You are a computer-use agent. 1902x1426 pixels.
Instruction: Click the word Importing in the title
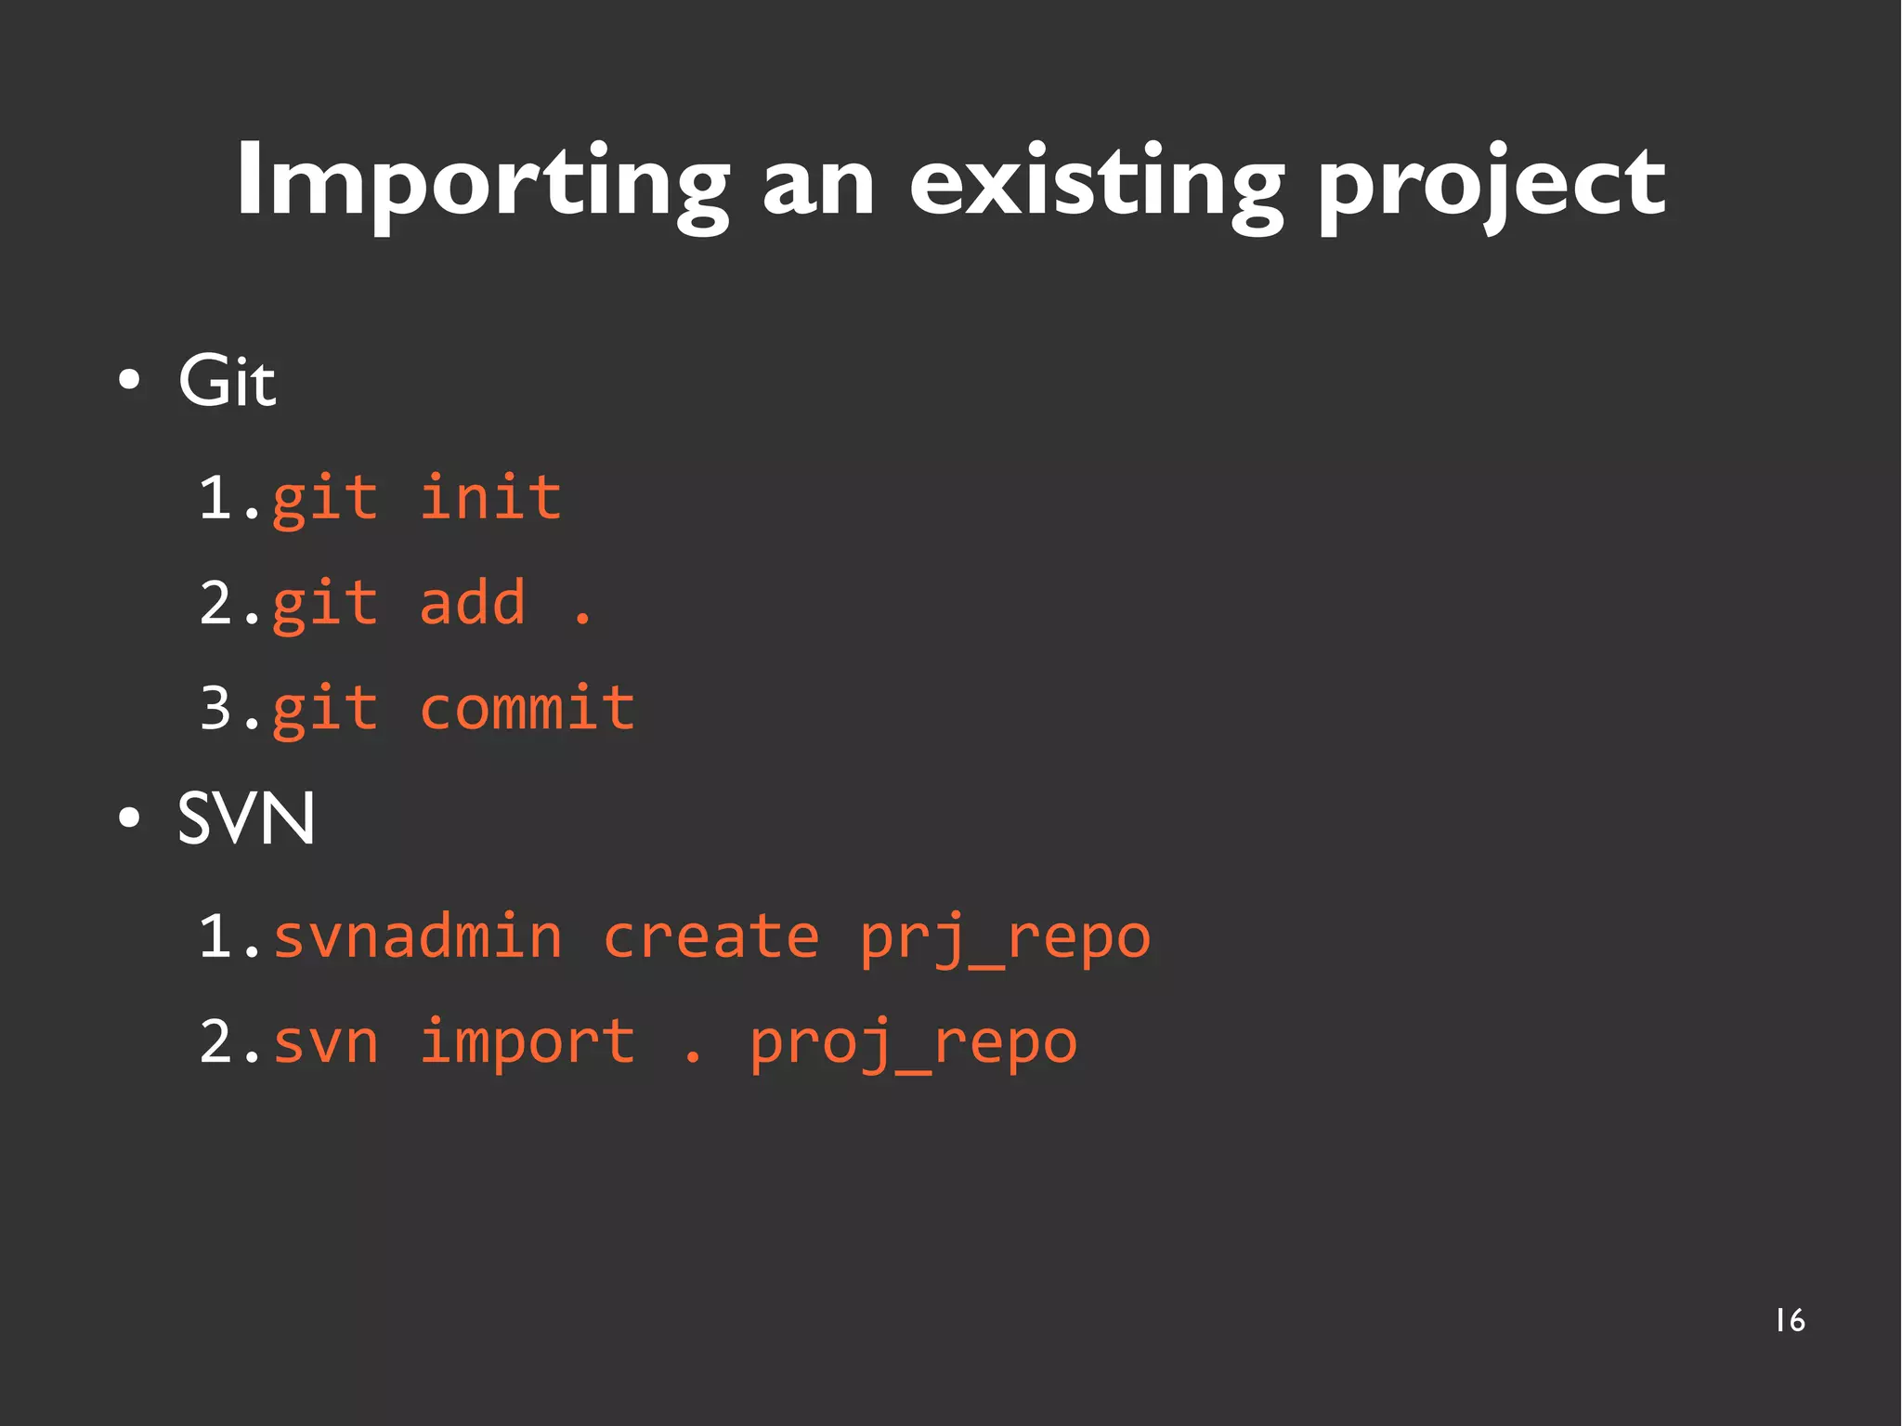(x=483, y=181)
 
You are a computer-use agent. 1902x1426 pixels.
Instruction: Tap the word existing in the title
(x=1096, y=181)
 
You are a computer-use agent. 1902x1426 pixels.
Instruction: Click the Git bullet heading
(x=227, y=381)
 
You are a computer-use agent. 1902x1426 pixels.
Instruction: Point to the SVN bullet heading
(x=246, y=819)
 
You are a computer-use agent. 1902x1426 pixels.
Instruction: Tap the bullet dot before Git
(x=130, y=381)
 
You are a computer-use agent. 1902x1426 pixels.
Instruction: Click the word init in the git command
(x=490, y=498)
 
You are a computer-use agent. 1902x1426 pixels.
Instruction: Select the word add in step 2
(x=473, y=603)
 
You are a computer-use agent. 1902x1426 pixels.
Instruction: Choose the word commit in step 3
(x=527, y=708)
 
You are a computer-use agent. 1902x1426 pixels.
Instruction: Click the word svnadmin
(x=418, y=936)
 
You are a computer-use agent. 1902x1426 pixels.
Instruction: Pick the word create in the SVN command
(x=710, y=936)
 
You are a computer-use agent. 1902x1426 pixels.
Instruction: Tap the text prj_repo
(x=1005, y=938)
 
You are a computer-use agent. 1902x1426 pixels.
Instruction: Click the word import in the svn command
(x=527, y=1042)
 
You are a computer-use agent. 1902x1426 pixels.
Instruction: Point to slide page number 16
(x=1790, y=1320)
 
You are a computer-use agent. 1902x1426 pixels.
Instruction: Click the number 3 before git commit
(x=215, y=708)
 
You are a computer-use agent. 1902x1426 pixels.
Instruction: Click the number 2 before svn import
(x=215, y=1042)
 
